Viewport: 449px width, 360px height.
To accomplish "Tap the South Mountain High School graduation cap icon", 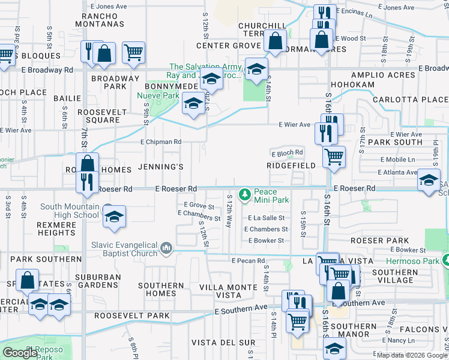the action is [115, 217].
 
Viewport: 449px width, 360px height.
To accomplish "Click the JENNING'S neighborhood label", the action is [160, 166].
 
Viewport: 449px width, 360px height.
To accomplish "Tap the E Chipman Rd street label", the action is [161, 142].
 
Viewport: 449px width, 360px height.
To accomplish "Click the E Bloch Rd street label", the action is [288, 153].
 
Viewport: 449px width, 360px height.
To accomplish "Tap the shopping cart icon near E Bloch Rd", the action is [334, 157].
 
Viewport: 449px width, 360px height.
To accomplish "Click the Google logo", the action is [20, 352].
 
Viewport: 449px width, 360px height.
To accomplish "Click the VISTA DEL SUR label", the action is [220, 342].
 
